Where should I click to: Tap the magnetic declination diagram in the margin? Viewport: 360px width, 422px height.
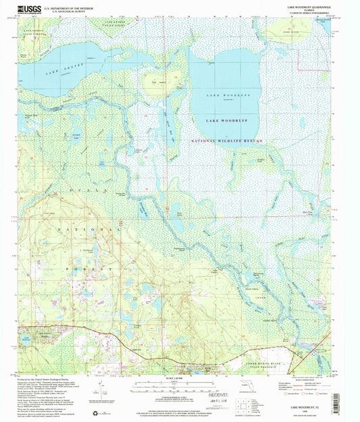point(105,390)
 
